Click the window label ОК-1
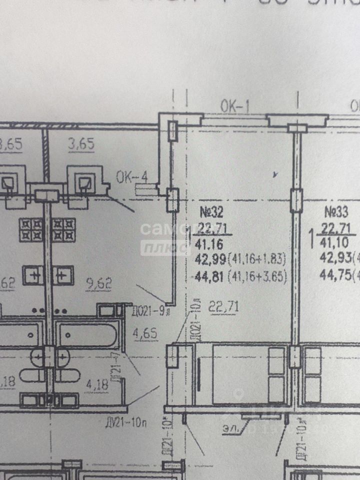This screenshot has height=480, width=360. click(x=234, y=105)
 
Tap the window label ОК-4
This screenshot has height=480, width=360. click(x=132, y=177)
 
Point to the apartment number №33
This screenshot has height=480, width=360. click(x=337, y=211)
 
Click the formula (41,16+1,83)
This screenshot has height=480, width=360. click(x=257, y=259)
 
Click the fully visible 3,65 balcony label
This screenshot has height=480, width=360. click(x=80, y=145)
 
